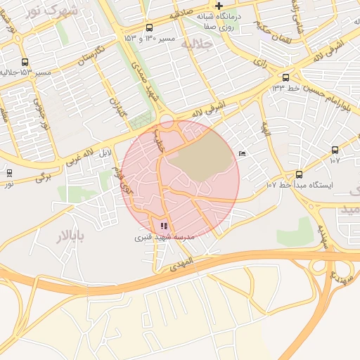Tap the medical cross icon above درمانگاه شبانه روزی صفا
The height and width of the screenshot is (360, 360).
pyautogui.click(x=219, y=6)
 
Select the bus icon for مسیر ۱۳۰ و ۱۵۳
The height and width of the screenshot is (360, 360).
pyautogui.click(x=149, y=27)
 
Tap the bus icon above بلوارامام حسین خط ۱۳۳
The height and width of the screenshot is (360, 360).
pyautogui.click(x=285, y=77)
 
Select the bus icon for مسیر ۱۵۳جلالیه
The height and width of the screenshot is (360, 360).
pyautogui.click(x=25, y=62)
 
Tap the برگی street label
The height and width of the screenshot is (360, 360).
pyautogui.click(x=44, y=176)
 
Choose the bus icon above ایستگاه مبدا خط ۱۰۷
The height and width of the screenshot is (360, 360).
pyautogui.click(x=299, y=174)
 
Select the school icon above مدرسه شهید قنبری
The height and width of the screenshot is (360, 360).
pyautogui.click(x=164, y=226)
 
